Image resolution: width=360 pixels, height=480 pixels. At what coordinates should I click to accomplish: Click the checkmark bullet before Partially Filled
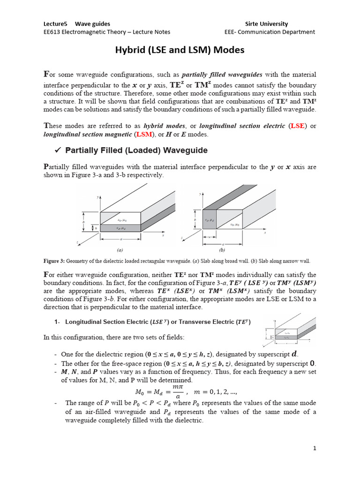(x=59, y=150)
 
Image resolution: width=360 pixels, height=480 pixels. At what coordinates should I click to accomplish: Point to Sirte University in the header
(x=267, y=23)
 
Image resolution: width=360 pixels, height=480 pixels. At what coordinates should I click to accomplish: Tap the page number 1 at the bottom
(x=315, y=448)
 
